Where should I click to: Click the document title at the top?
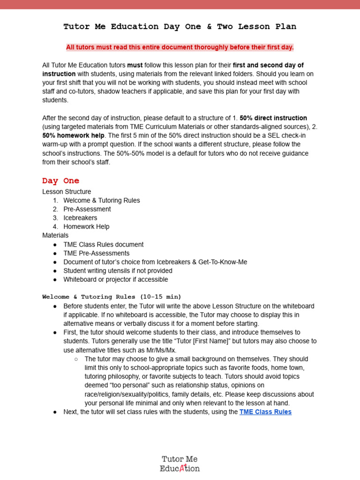(180, 27)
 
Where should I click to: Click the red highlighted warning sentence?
(180, 47)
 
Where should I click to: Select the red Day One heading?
(61, 181)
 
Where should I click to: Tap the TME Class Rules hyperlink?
(265, 412)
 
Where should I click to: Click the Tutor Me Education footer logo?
(180, 464)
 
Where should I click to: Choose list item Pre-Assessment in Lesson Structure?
(87, 209)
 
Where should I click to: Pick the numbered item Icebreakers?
(80, 218)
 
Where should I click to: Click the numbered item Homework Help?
(86, 227)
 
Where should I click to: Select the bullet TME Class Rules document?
(104, 245)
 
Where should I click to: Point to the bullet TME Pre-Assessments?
(97, 254)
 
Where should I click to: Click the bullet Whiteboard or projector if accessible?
(116, 280)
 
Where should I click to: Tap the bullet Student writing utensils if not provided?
(118, 271)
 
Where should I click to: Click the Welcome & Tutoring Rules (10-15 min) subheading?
(112, 297)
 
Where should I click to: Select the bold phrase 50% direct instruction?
(273, 118)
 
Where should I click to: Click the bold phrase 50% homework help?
(73, 135)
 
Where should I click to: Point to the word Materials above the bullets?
(55, 235)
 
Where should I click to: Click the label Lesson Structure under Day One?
(67, 192)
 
